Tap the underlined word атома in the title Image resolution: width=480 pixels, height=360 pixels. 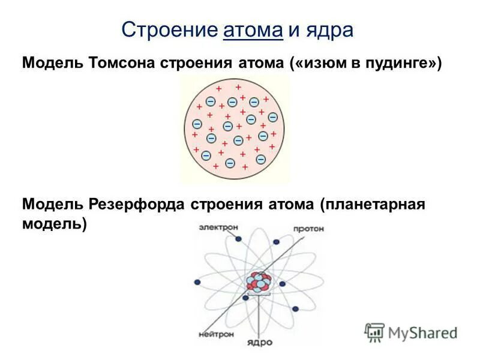point(253,30)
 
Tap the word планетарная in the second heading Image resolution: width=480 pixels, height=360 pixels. point(372,204)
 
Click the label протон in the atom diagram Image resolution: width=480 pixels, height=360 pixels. point(309,229)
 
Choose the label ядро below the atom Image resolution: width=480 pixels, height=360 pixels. point(260,343)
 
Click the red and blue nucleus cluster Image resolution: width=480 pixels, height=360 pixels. point(259,282)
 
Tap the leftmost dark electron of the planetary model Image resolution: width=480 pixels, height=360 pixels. point(196,280)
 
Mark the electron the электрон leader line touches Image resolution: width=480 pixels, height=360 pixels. point(239,239)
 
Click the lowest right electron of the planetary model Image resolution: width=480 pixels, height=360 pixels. point(295,310)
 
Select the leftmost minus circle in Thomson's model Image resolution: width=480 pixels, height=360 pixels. point(196,124)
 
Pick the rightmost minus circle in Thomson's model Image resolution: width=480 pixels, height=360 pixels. point(273,117)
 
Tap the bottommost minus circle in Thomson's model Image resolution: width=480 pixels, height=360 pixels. point(230,163)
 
